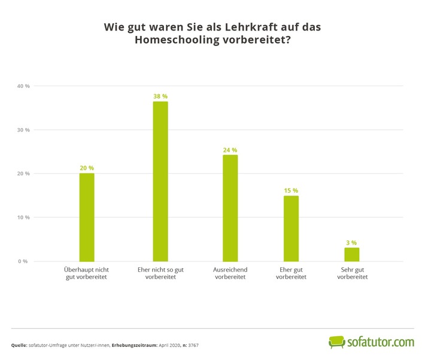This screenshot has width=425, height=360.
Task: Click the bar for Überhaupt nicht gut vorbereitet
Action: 87,217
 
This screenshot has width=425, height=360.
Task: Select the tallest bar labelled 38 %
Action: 160,181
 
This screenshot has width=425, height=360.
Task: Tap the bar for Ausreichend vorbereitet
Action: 230,208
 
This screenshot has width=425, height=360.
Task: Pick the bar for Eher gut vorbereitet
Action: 291,228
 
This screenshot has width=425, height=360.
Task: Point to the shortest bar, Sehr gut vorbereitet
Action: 351,254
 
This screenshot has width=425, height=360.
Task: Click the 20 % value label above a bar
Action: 87,168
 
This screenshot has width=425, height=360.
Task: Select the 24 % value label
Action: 230,150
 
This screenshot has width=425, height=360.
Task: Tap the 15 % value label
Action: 291,190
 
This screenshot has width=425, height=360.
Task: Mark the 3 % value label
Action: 351,242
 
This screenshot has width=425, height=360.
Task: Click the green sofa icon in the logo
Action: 338,342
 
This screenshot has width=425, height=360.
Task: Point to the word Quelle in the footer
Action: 20,346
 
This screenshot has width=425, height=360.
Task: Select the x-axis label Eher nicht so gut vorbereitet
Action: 160,273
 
